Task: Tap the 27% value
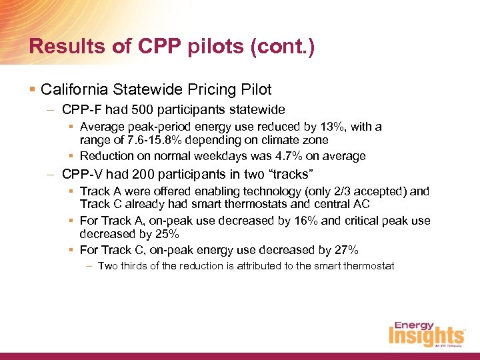pyautogui.click(x=346, y=250)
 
